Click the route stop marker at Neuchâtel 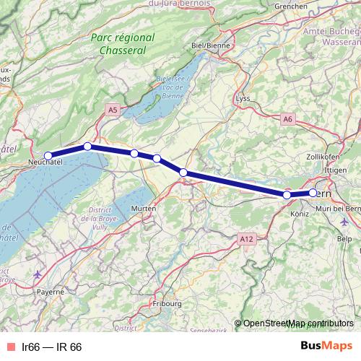point(48,155)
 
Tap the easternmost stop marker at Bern point(313,193)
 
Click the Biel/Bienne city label point(207,45)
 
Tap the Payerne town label point(51,292)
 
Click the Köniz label point(299,214)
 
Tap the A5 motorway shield point(112,109)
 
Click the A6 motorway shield point(288,118)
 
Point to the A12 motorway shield point(245,238)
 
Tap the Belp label point(344,238)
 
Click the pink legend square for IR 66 point(11,347)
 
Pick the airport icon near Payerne point(38,275)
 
